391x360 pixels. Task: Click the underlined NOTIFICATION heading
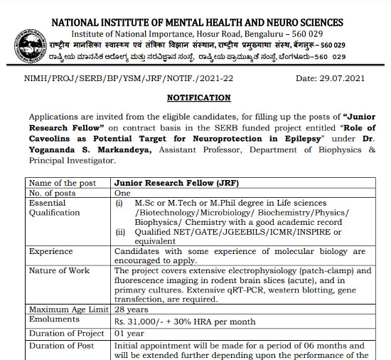tap(198, 97)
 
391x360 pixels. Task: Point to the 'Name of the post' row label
tap(61, 182)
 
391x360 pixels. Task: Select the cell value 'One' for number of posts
tap(123, 193)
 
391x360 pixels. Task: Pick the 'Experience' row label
tap(51, 251)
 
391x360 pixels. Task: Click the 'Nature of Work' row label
tap(59, 270)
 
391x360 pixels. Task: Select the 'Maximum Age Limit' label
tap(68, 309)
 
